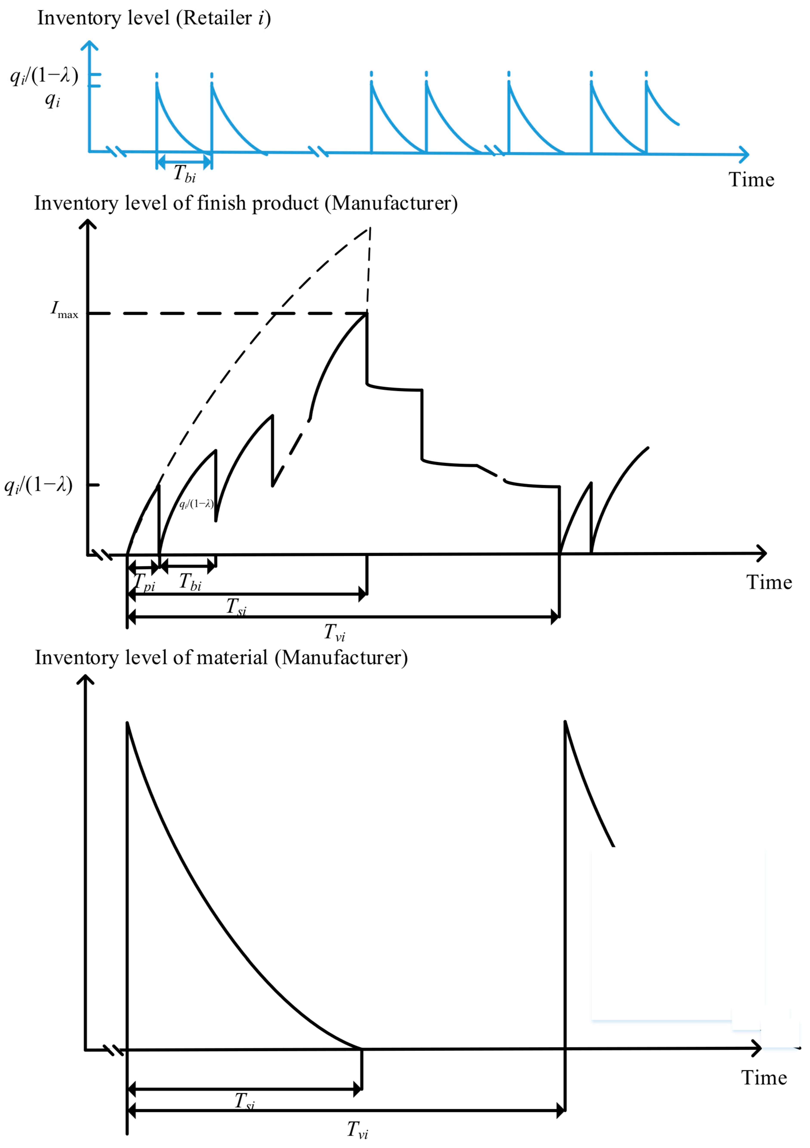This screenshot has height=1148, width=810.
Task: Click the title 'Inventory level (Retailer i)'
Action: coord(154,18)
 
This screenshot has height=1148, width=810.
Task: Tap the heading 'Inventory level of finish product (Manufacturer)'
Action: coord(246,203)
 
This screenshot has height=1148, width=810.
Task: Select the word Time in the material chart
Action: coord(764,1077)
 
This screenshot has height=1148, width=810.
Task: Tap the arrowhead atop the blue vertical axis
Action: coord(90,45)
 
